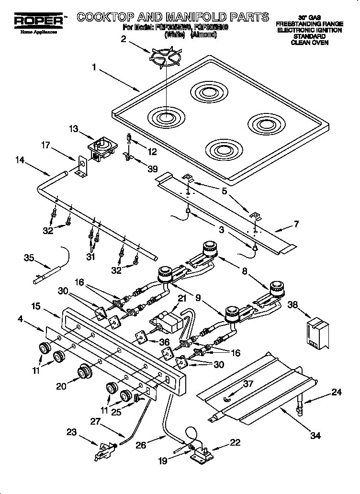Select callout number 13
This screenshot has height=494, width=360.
(x=73, y=129)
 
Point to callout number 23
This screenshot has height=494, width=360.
(x=71, y=432)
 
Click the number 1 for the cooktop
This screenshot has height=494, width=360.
(x=94, y=67)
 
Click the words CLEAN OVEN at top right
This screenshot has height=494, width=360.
(x=309, y=43)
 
